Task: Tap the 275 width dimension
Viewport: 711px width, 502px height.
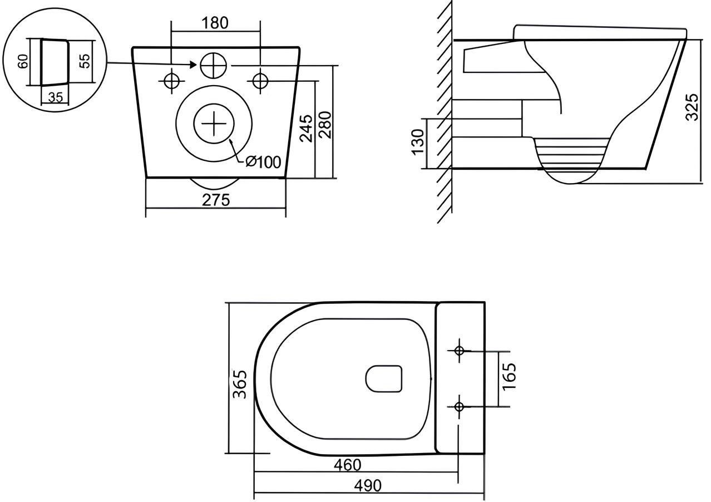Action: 215,200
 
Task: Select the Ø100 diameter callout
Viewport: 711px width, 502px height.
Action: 264,162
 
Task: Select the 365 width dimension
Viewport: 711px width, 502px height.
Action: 240,383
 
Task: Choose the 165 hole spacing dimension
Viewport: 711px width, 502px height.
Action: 509,376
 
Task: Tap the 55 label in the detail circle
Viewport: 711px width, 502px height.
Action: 85,61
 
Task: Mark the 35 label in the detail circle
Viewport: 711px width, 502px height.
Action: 55,98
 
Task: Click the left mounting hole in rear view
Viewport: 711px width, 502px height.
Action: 172,81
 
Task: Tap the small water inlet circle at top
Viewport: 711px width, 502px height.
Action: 213,66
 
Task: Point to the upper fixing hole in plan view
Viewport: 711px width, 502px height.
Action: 459,350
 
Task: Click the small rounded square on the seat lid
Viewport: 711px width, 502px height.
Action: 384,378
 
